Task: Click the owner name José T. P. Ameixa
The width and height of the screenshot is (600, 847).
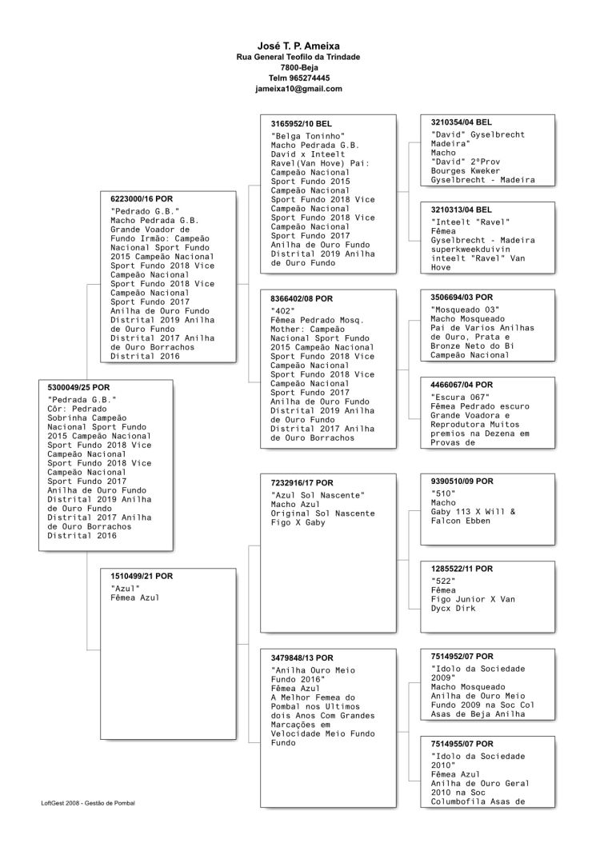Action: click(x=298, y=46)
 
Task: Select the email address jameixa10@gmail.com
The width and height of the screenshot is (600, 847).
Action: click(x=298, y=89)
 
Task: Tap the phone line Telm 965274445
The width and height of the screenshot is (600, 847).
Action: click(x=298, y=78)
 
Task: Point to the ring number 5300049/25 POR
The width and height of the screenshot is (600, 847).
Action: click(x=79, y=387)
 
